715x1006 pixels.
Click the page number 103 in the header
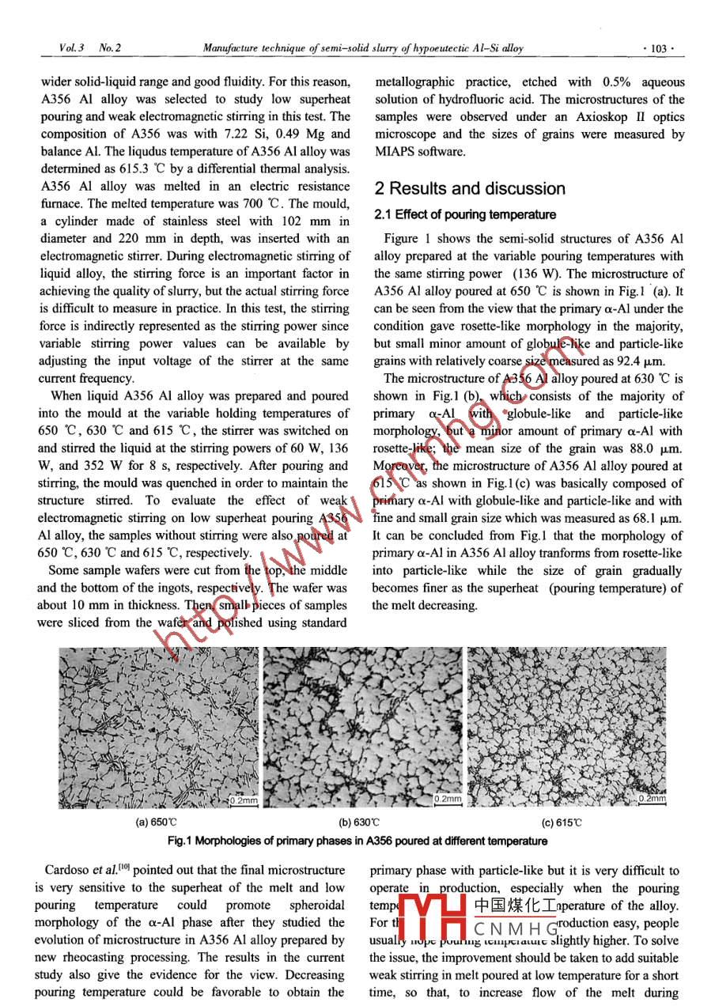point(659,48)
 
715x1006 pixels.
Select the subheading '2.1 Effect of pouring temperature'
point(465,214)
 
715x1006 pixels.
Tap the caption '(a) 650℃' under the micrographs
point(152,822)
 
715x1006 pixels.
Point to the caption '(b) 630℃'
point(360,822)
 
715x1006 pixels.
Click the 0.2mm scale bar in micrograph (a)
point(244,800)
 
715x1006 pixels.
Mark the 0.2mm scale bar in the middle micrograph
point(448,799)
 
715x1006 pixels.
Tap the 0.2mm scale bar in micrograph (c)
point(653,799)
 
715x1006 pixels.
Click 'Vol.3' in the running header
point(68,48)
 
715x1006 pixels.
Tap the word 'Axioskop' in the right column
point(591,117)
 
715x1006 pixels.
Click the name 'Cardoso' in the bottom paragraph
point(66,871)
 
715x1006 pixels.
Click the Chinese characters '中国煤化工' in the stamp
point(513,905)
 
